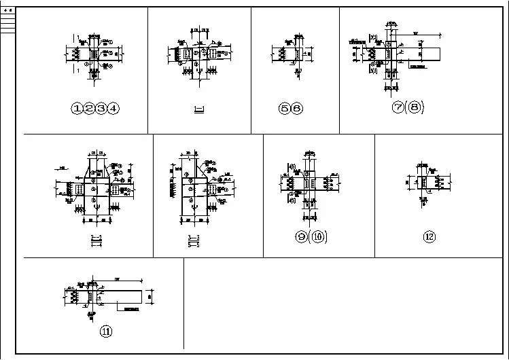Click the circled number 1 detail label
click(78, 108)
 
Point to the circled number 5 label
click(285, 109)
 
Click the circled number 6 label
click(297, 109)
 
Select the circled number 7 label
click(399, 109)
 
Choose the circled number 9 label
click(302, 237)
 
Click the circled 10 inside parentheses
click(319, 237)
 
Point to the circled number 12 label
click(429, 237)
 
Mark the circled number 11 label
click(106, 331)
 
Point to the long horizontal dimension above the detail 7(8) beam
click(418, 34)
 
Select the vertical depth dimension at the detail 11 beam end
click(152, 295)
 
